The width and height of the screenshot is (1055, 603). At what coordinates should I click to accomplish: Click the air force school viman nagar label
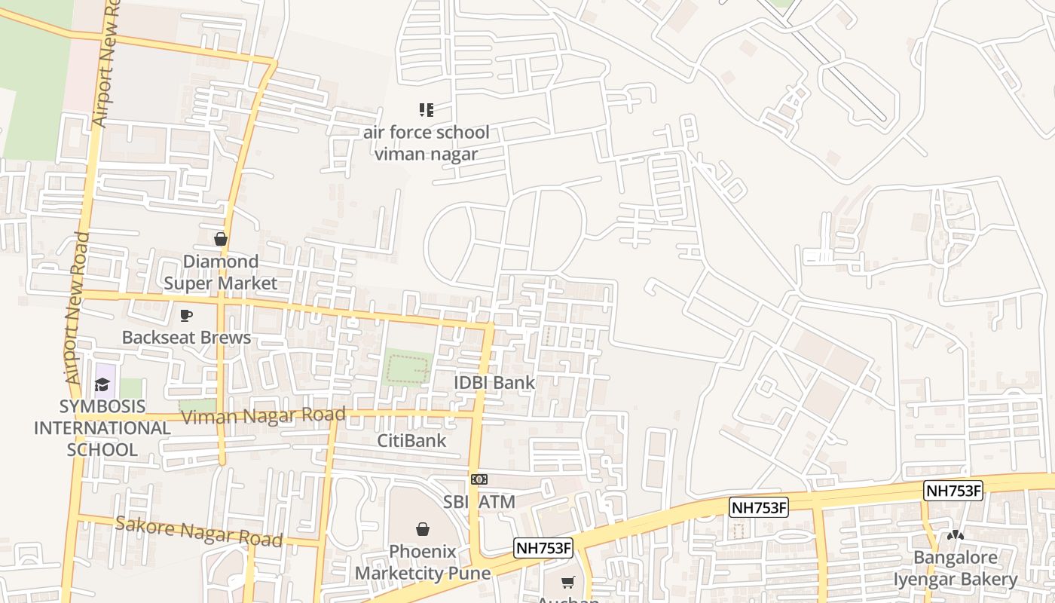point(427,143)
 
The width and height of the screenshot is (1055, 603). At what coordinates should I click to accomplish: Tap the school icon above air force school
point(427,111)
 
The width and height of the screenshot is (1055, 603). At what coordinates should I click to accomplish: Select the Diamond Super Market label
point(221,272)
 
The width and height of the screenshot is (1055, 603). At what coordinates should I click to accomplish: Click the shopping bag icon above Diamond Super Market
point(221,239)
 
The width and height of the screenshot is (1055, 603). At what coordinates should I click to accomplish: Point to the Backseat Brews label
point(186,337)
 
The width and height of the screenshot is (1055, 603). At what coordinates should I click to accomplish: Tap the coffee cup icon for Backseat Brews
point(186,315)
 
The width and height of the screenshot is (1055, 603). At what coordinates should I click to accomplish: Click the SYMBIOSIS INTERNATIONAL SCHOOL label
point(102,427)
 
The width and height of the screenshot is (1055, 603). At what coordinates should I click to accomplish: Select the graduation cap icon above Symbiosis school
point(102,385)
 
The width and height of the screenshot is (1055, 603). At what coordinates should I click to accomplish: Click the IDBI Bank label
point(494,382)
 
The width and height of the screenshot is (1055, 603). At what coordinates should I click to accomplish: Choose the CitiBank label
point(412,440)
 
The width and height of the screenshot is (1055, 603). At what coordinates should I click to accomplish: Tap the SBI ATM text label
point(479,502)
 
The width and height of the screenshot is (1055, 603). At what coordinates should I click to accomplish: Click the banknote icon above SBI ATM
point(479,479)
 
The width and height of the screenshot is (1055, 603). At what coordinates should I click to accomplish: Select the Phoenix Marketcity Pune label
point(423,562)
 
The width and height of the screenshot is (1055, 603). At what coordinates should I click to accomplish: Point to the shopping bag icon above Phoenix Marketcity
point(423,529)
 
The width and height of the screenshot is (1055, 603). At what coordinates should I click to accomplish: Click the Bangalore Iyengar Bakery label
point(956,568)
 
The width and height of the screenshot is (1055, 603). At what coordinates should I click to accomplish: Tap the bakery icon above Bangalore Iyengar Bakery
point(956,535)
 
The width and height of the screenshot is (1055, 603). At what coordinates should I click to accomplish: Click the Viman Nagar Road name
point(264,415)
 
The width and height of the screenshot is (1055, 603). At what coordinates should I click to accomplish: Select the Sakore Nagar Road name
point(199,531)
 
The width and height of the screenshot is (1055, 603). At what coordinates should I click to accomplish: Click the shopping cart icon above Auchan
point(568,582)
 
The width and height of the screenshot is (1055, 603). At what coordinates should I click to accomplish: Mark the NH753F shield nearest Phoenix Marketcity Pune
point(544,548)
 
